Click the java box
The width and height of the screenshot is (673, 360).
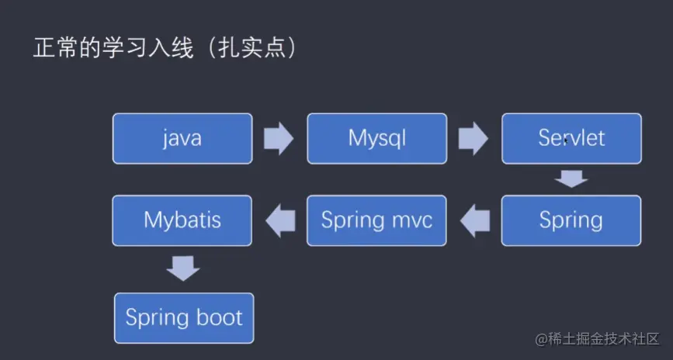pyautogui.click(x=182, y=139)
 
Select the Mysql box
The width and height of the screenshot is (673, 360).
pyautogui.click(x=376, y=139)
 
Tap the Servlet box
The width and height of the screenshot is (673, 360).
pyautogui.click(x=572, y=139)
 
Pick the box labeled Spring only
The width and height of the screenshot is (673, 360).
pyautogui.click(x=571, y=220)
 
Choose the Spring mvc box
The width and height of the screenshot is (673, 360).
pyautogui.click(x=376, y=220)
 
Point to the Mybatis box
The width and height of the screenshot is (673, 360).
pyautogui.click(x=182, y=220)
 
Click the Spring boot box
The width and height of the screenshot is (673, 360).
pyautogui.click(x=184, y=318)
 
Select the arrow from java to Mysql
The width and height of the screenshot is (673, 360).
pyautogui.click(x=279, y=138)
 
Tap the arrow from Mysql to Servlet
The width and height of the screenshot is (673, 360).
pyautogui.click(x=474, y=138)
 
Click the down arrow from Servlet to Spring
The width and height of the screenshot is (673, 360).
pyautogui.click(x=571, y=179)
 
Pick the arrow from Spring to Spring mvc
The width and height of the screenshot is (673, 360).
pyautogui.click(x=475, y=221)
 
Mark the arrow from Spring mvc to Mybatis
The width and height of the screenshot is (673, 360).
pyautogui.click(x=280, y=221)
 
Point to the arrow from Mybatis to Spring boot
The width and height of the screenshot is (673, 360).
pyautogui.click(x=183, y=268)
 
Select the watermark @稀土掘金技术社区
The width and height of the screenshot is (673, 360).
pyautogui.click(x=597, y=339)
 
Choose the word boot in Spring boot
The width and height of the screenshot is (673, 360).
pyautogui.click(x=220, y=318)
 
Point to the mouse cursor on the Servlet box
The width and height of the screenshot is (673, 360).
pyautogui.click(x=566, y=140)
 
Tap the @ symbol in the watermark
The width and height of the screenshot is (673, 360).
pyautogui.click(x=541, y=339)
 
